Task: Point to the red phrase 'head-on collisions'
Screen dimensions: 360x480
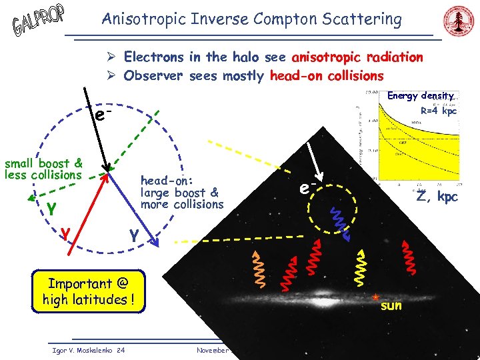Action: click(x=327, y=75)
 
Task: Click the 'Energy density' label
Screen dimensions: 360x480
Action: click(x=421, y=97)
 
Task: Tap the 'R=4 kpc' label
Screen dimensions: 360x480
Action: click(x=438, y=111)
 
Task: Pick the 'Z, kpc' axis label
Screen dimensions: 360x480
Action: click(x=437, y=197)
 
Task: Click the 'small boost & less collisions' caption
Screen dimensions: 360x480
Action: click(x=43, y=169)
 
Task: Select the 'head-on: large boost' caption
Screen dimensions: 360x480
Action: click(x=181, y=192)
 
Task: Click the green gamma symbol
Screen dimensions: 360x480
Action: click(x=51, y=208)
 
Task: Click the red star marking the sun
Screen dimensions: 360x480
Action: click(x=376, y=296)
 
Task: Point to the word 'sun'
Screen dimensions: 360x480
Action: click(x=391, y=306)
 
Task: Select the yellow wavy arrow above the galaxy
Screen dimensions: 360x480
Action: click(x=361, y=265)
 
